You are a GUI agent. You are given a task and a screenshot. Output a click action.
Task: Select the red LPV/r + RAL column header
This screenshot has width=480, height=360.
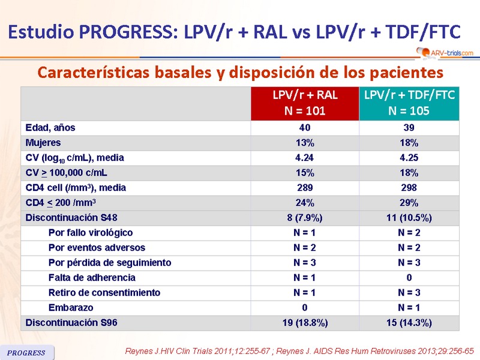[305, 103]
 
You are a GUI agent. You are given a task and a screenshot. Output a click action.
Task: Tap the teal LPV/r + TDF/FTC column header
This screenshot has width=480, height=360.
[409, 103]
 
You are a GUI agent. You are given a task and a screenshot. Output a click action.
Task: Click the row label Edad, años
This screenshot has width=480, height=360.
[50, 128]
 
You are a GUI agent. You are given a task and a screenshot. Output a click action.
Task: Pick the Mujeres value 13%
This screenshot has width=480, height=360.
[305, 143]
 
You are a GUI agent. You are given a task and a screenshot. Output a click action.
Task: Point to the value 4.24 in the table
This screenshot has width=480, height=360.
[305, 158]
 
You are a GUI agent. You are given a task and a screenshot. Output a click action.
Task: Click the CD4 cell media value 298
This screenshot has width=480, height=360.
[409, 188]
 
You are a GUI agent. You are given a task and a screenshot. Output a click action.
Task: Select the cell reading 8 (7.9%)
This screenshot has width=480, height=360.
[305, 218]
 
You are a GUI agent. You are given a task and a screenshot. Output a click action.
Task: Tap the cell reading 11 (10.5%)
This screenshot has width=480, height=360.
[409, 218]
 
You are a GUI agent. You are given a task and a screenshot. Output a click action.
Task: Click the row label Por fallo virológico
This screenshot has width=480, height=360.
[91, 233]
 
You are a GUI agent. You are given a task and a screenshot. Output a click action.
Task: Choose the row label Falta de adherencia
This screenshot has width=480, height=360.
[92, 278]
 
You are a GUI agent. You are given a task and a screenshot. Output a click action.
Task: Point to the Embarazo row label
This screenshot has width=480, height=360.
[71, 308]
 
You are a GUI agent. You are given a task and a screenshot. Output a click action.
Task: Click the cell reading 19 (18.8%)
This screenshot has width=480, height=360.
[305, 323]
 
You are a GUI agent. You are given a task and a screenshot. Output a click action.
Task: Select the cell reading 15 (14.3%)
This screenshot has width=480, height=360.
[409, 323]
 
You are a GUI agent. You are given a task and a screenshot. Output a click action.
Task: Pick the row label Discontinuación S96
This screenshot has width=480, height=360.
[71, 323]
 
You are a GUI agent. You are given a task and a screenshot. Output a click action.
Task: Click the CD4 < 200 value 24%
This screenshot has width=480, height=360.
[305, 203]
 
